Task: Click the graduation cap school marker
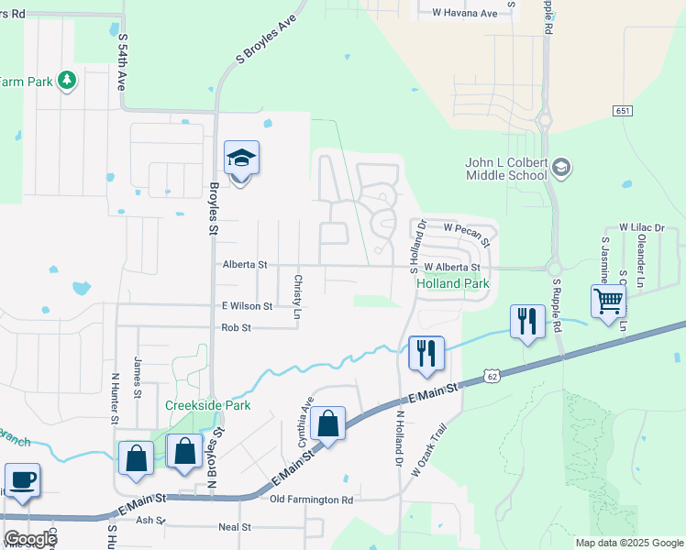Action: (241, 159)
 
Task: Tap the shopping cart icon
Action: (609, 300)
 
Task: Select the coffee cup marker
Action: (22, 478)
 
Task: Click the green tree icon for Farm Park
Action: (66, 81)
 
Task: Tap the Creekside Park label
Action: (207, 405)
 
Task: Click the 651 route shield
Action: (624, 111)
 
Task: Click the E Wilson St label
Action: (247, 306)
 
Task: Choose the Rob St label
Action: (237, 328)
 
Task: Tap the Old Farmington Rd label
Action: (312, 500)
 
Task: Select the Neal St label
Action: (235, 527)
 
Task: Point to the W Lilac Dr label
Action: (641, 226)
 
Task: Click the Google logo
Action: (29, 539)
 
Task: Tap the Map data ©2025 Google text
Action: (628, 543)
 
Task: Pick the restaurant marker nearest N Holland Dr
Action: (426, 353)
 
